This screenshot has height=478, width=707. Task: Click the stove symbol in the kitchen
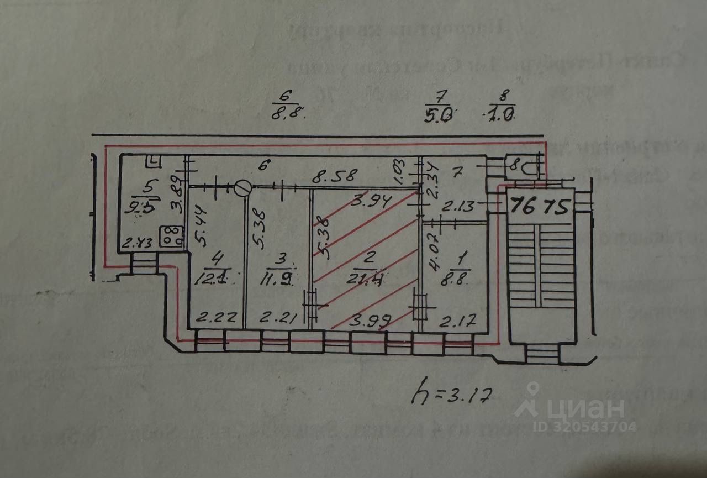[171, 237]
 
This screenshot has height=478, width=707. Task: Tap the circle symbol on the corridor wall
[242, 188]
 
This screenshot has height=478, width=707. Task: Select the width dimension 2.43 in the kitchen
[136, 243]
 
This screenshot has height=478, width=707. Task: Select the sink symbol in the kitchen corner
[153, 161]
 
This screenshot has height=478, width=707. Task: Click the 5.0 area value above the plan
[439, 115]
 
